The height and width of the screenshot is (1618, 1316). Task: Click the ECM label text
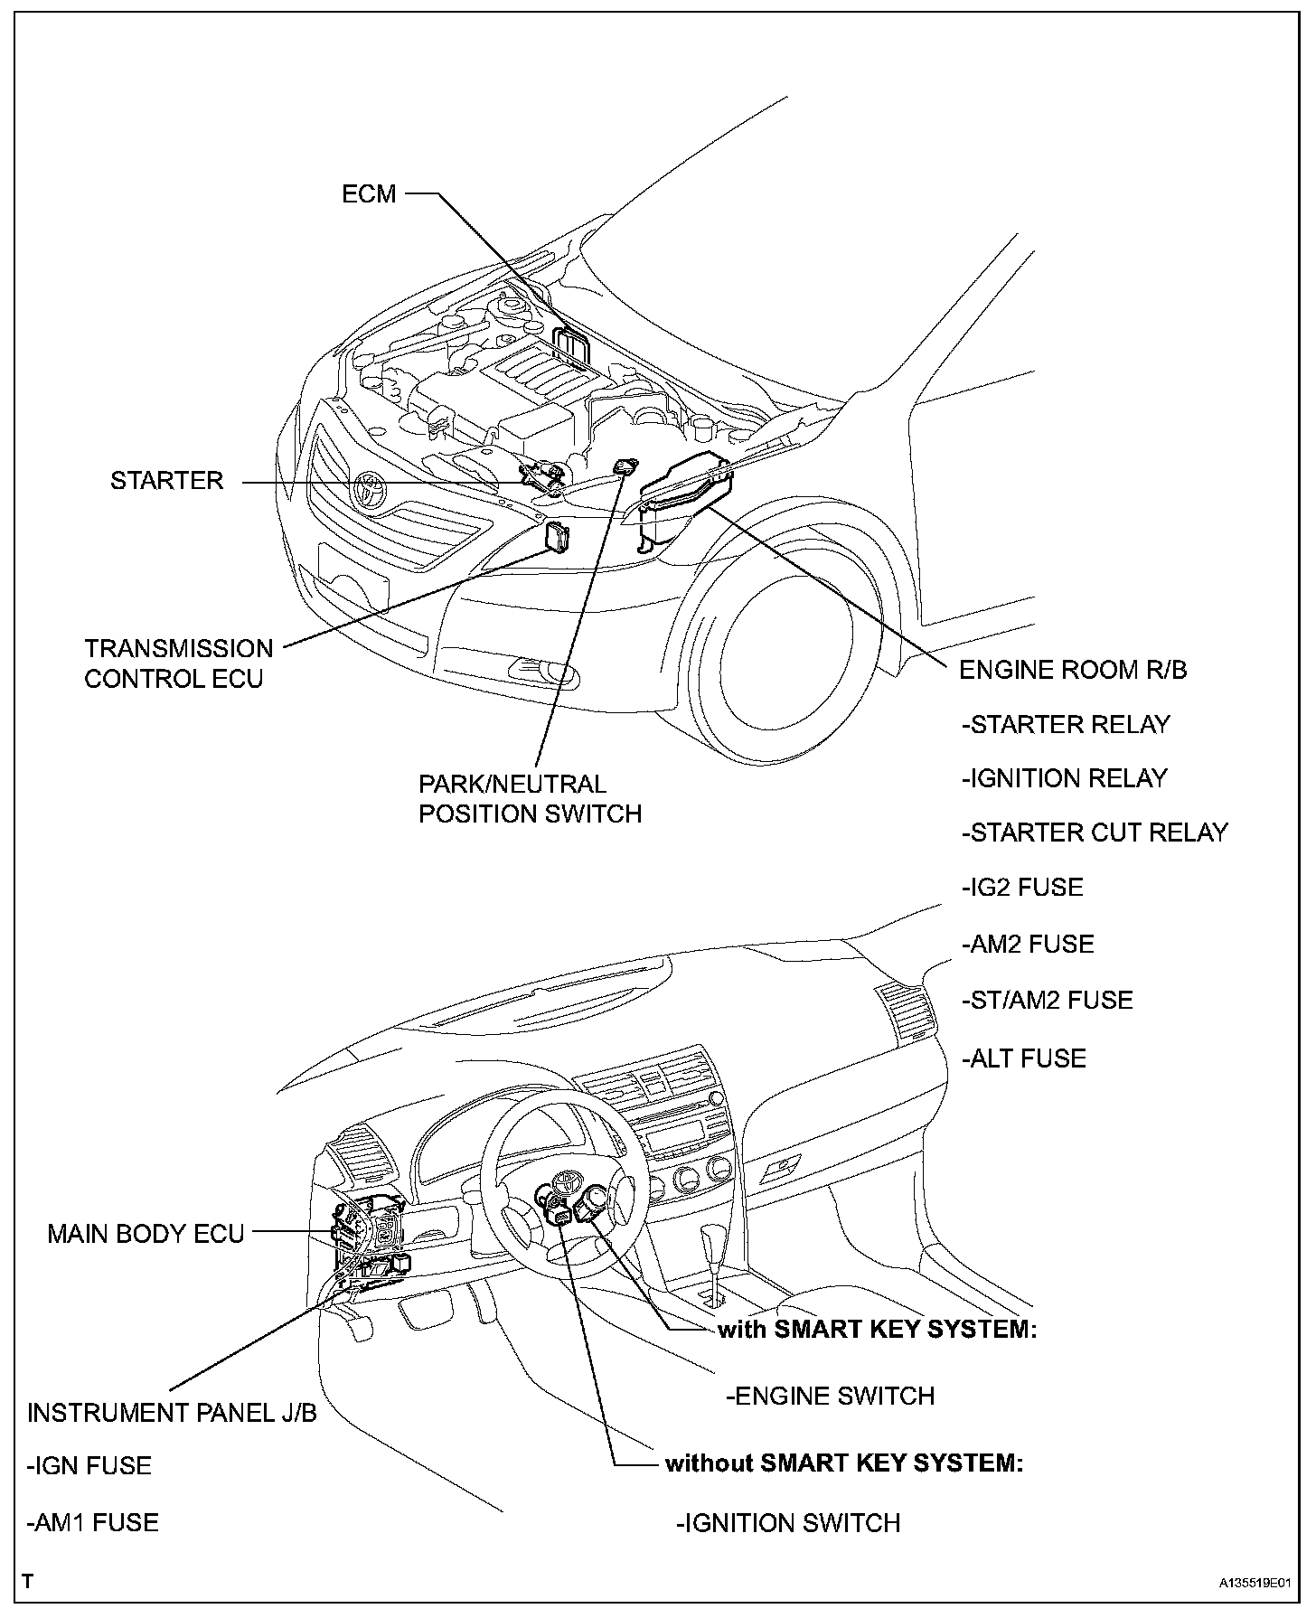click(369, 194)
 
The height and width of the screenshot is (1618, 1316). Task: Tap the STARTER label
click(166, 481)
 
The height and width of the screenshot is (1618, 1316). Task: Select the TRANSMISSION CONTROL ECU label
click(178, 663)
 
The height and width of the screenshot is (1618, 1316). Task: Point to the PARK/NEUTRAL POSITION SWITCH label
click(530, 799)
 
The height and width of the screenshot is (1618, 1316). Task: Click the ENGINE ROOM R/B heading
click(1072, 670)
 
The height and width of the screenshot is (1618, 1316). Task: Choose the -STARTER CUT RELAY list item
click(1095, 833)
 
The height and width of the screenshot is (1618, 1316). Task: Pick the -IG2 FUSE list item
click(1022, 888)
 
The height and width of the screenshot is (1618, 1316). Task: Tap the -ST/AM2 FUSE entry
click(1047, 1001)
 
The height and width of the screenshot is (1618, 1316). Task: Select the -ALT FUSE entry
click(1024, 1058)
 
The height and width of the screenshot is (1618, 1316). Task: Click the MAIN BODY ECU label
click(146, 1234)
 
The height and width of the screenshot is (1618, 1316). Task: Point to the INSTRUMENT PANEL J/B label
click(172, 1413)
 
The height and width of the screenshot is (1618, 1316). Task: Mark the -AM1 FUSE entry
click(93, 1523)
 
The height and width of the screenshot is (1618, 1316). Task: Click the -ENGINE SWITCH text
click(830, 1396)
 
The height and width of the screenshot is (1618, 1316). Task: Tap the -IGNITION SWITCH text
click(788, 1523)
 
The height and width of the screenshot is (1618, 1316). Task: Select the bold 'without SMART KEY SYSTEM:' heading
click(844, 1463)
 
